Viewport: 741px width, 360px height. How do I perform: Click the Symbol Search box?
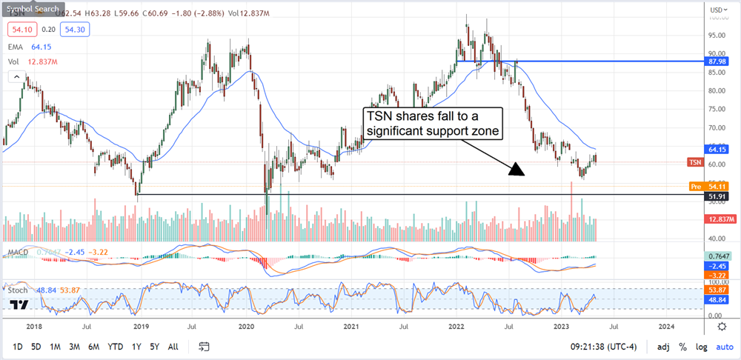coord(33,9)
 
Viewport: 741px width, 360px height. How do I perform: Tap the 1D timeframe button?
coord(18,347)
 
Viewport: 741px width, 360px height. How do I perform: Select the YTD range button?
coord(115,347)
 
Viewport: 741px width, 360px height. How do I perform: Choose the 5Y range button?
coord(153,347)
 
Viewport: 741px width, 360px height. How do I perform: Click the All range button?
coord(173,347)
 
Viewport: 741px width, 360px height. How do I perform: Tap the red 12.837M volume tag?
coord(720,219)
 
